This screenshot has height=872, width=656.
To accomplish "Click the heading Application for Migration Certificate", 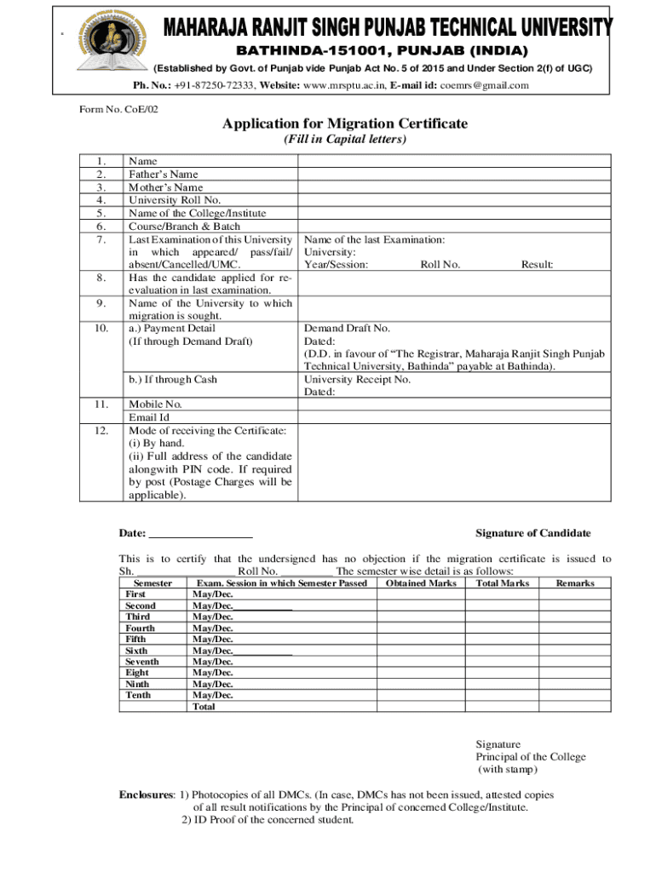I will coord(345,124).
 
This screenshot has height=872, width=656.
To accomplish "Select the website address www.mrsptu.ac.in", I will coord(345,85).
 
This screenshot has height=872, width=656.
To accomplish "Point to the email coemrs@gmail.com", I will coord(484,85).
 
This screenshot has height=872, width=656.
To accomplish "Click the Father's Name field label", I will coord(163,175).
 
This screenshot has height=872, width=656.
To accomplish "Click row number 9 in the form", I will coord(101,303).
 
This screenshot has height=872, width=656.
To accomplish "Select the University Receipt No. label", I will coord(357,379).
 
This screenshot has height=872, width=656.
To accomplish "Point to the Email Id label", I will coord(149,418).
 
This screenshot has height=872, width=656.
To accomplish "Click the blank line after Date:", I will coord(200,534).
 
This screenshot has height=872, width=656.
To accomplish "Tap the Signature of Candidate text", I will coord(532,533).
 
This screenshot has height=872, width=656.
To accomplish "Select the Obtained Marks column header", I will coord(421,583).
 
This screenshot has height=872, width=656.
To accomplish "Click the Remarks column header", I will coord(575,583).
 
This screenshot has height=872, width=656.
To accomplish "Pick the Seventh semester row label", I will coord(141,661).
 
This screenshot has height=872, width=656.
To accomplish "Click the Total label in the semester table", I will coord(204,706).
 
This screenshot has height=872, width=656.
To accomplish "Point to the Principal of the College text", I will coord(531,757).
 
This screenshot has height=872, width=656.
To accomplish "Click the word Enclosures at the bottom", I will coord(147,795).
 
